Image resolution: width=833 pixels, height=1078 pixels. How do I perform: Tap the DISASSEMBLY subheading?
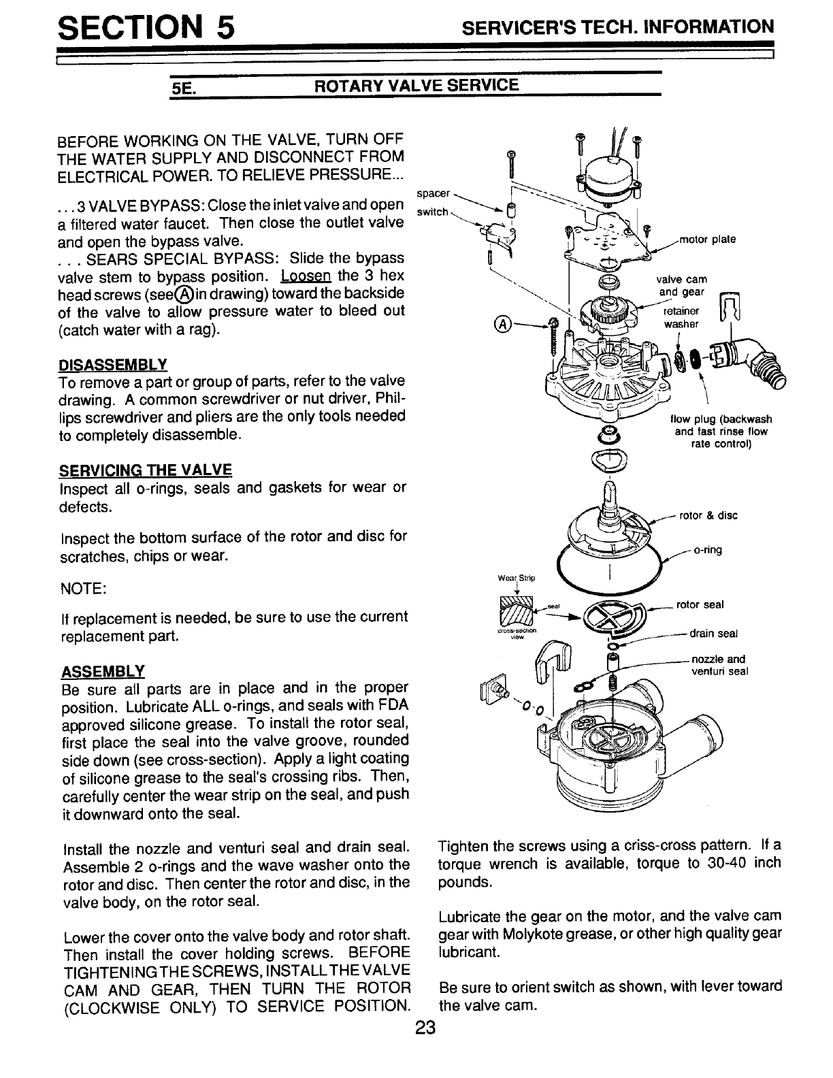coord(114,362)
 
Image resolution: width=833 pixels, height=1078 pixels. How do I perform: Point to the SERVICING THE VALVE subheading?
coord(146,470)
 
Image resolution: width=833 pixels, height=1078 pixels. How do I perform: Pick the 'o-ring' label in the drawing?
coord(707,550)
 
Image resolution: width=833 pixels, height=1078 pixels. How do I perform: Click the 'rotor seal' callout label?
coord(700,604)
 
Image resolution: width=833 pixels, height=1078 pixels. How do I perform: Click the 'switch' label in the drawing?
coord(431,212)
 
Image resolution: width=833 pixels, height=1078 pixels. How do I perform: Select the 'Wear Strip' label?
coord(517,578)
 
